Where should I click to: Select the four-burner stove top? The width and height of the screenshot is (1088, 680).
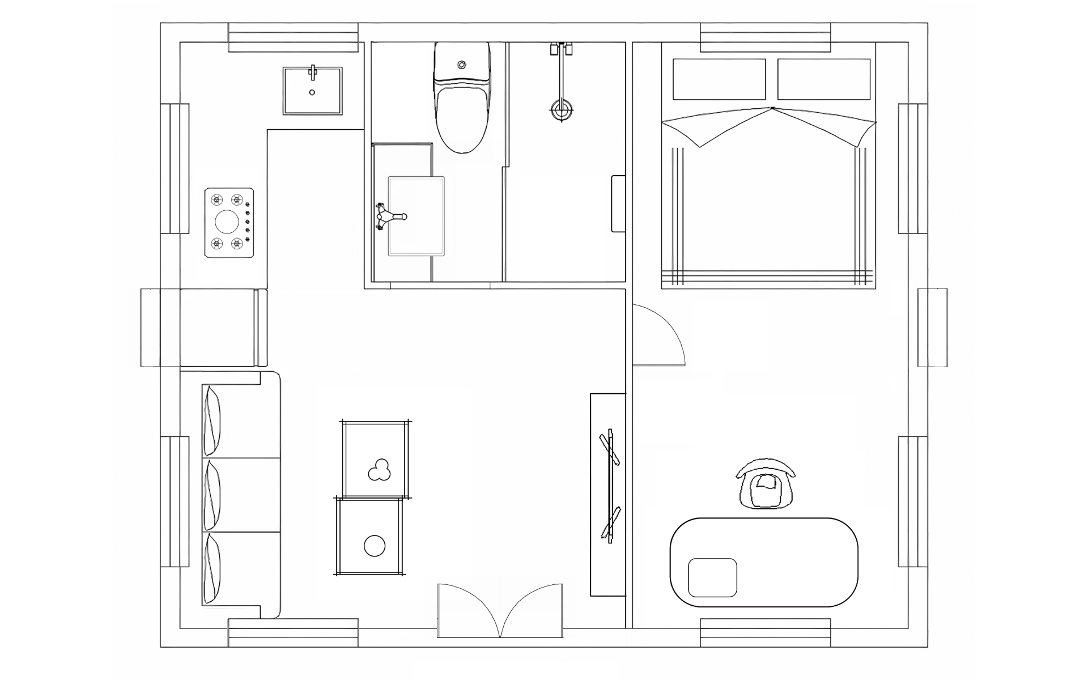pyautogui.click(x=229, y=223)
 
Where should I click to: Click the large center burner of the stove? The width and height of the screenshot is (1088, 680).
pyautogui.click(x=227, y=222)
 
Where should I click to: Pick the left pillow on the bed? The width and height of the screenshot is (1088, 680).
pyautogui.click(x=718, y=79)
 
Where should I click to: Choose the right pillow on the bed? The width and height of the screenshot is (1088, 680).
pyautogui.click(x=823, y=79)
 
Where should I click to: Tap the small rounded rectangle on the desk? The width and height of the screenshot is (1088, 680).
pyautogui.click(x=713, y=577)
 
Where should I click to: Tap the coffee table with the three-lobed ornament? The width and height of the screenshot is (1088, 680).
pyautogui.click(x=375, y=460)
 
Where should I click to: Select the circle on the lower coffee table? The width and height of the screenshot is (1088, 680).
pyautogui.click(x=374, y=546)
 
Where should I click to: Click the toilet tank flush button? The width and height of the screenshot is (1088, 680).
pyautogui.click(x=462, y=64)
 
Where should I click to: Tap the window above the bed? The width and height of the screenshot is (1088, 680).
pyautogui.click(x=765, y=37)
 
